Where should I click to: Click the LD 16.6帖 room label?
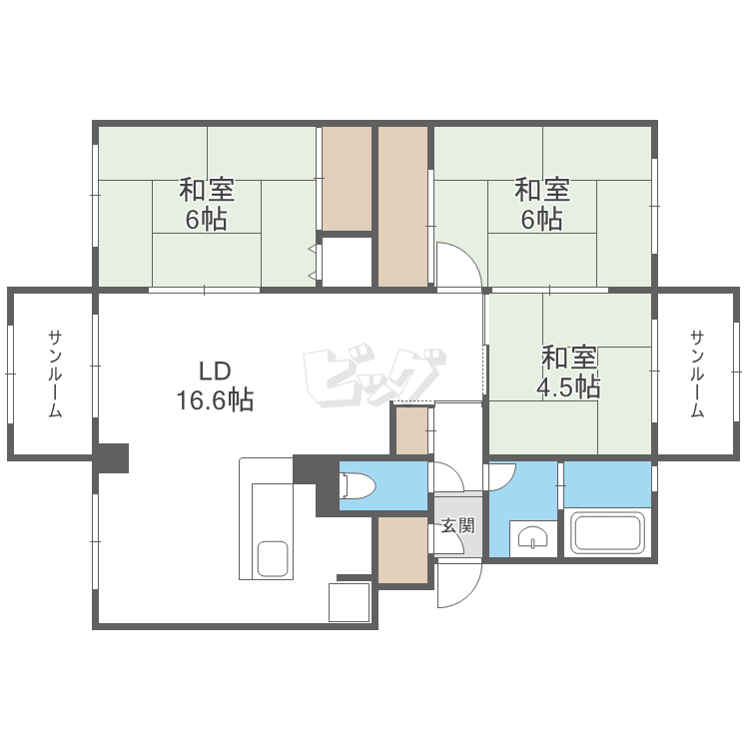click(215, 386)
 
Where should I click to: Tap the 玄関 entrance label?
click(457, 525)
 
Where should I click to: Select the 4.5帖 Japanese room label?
click(570, 372)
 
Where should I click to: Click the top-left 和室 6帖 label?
click(207, 204)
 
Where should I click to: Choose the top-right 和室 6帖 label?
click(542, 204)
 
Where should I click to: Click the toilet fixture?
click(358, 486)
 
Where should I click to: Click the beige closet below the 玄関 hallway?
click(403, 548)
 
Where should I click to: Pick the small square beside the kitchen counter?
click(350, 602)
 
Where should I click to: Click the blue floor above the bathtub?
click(608, 484)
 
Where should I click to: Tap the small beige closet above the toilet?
click(411, 431)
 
